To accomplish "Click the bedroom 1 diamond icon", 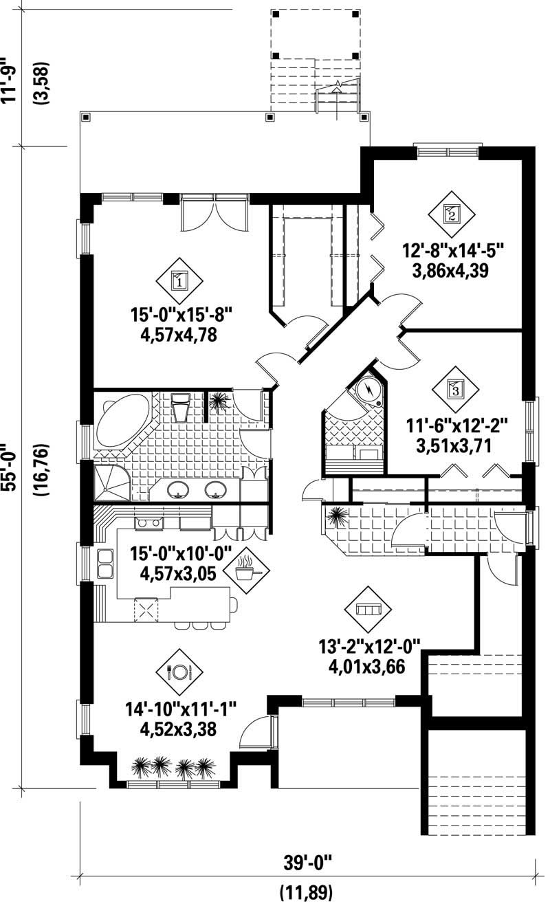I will [178, 280].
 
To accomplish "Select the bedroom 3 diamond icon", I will [456, 390].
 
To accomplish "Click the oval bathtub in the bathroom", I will [122, 420].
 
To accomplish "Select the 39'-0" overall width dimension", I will [307, 861].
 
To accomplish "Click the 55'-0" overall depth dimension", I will [11, 467].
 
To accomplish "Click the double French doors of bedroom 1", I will [214, 214].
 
